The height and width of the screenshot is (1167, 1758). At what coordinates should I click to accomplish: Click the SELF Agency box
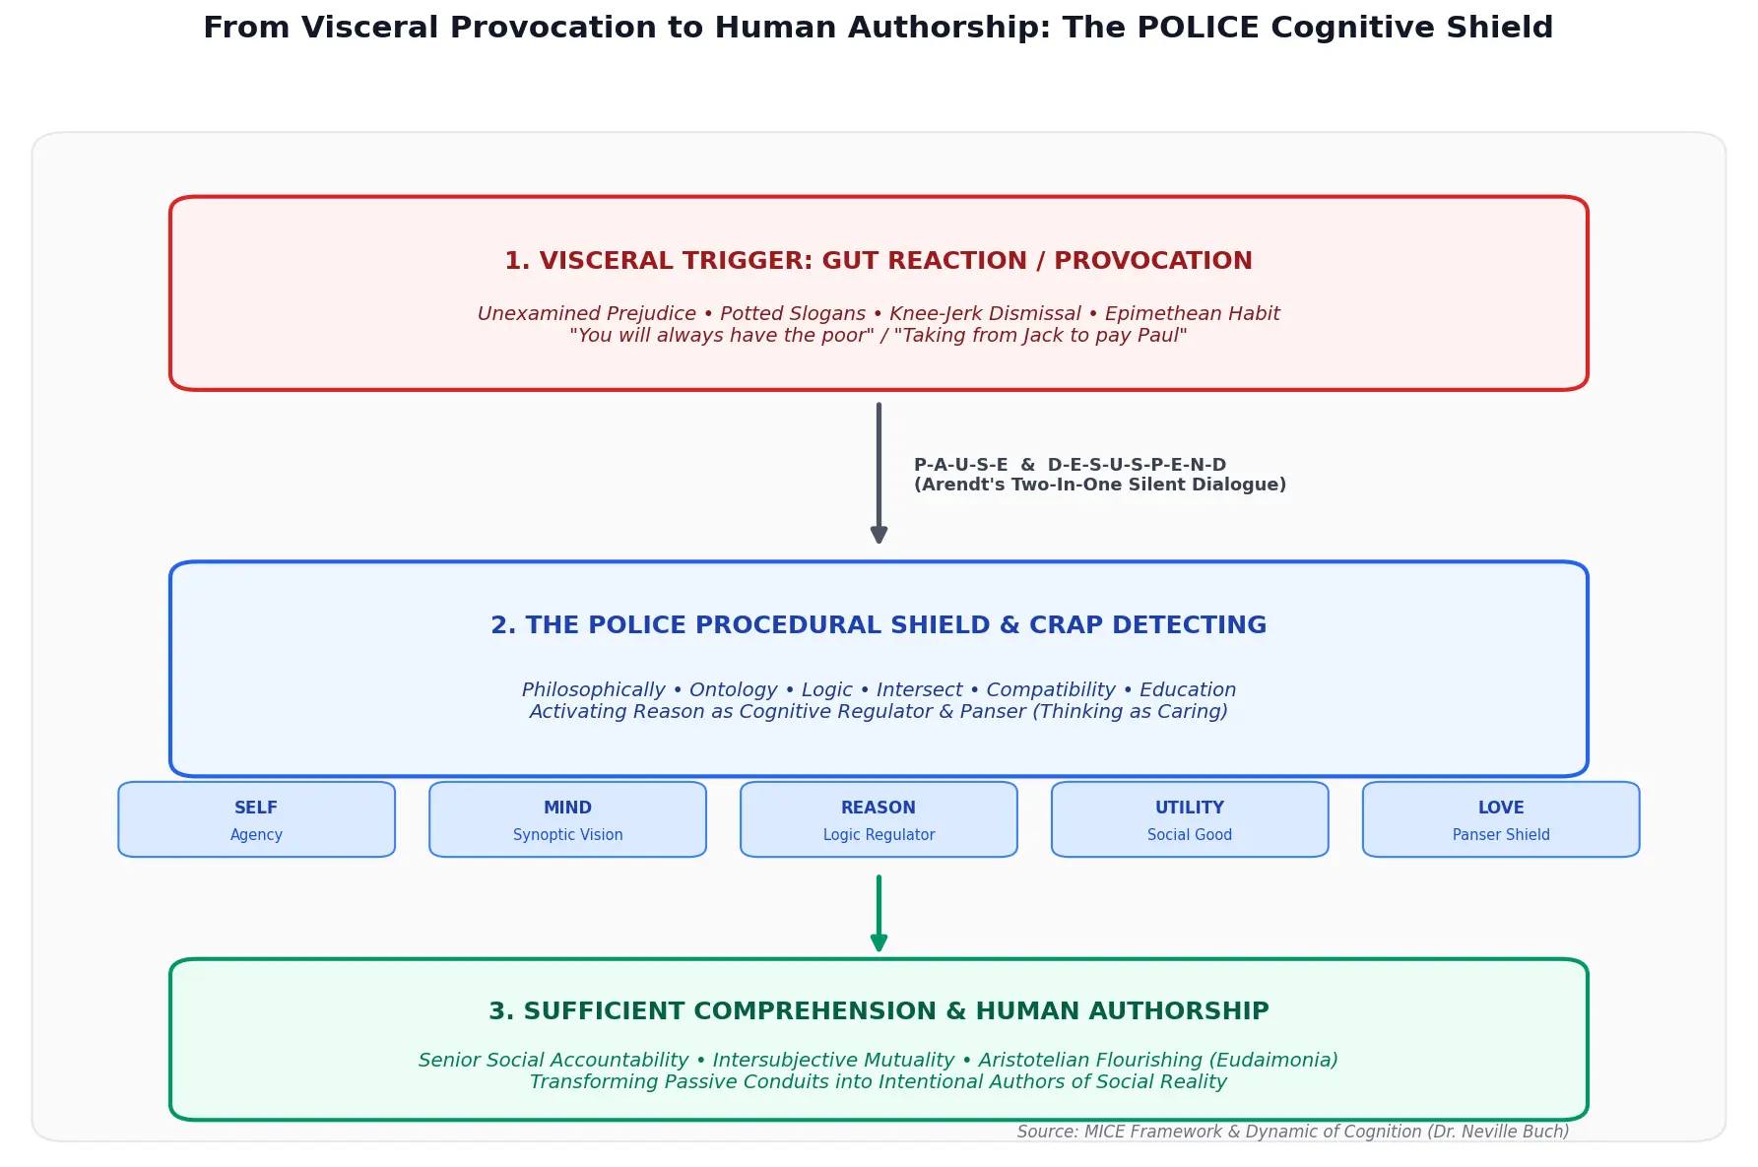(256, 819)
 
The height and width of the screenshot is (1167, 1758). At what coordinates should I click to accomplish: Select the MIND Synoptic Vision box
(567, 819)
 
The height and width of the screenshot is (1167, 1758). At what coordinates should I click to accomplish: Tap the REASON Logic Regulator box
(879, 819)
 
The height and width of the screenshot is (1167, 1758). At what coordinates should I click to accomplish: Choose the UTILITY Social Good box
(1190, 819)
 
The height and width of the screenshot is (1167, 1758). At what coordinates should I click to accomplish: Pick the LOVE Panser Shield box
(1501, 819)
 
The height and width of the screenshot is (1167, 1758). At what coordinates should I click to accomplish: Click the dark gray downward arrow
(879, 473)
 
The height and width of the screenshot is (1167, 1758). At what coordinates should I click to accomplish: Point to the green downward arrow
(879, 914)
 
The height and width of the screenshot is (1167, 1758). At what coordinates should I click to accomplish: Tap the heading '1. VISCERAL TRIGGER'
(657, 261)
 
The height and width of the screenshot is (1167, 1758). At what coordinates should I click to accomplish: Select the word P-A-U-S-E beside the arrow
(960, 465)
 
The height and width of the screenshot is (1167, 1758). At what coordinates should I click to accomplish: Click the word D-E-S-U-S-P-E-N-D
(1137, 465)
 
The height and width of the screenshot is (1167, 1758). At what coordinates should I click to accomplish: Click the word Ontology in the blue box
(733, 690)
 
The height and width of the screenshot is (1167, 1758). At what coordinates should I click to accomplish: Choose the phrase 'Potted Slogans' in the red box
(794, 314)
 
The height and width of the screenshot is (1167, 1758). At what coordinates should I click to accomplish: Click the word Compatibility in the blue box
(1051, 690)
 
